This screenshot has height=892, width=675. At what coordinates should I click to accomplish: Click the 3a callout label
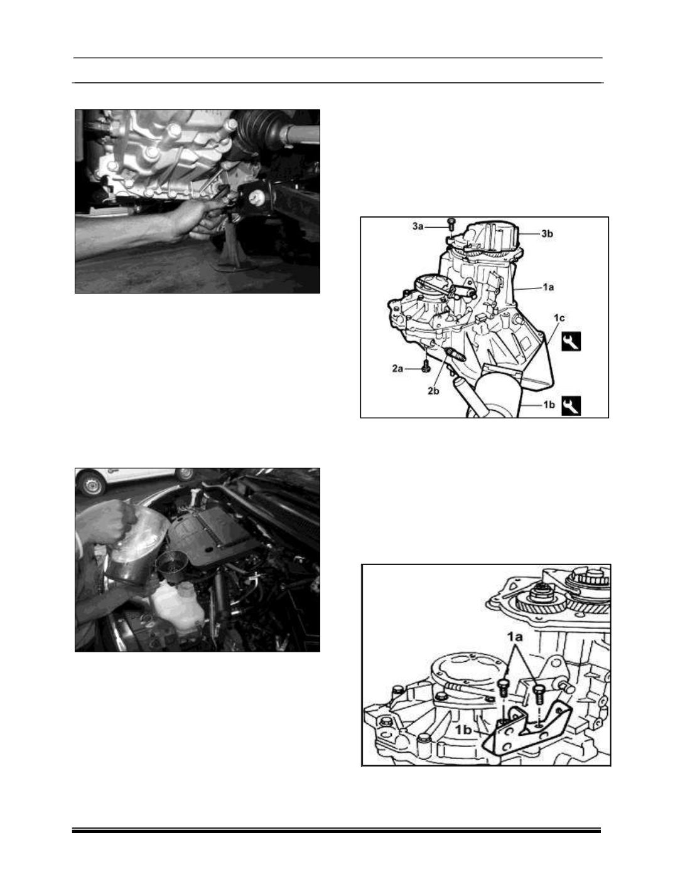click(x=418, y=226)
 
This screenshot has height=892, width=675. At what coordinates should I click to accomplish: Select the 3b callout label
click(x=547, y=234)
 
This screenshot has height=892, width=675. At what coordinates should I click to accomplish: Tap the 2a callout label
click(x=397, y=369)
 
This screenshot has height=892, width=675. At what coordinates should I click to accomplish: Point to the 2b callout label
click(x=433, y=391)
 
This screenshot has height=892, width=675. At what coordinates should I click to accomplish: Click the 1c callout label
click(x=559, y=317)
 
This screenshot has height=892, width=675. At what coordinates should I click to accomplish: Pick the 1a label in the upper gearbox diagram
click(x=548, y=287)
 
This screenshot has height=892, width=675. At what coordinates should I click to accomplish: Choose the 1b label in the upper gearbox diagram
click(x=549, y=405)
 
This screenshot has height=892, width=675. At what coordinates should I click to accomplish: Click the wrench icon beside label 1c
click(x=571, y=341)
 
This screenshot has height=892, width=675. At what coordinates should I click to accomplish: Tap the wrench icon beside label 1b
click(x=571, y=406)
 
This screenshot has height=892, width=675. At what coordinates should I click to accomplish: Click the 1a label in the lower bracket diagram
click(x=514, y=637)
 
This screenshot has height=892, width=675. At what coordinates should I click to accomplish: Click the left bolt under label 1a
click(x=503, y=689)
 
